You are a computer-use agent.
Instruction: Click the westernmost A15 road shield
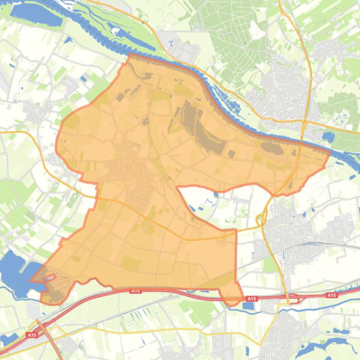tap(32, 335)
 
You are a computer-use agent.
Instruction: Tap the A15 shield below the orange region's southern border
tap(136, 291)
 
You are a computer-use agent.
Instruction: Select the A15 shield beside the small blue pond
tap(252, 298)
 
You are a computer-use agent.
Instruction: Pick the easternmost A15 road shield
tap(331, 295)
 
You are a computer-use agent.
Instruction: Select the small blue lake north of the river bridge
tap(328, 137)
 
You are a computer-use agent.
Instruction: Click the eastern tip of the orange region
tap(330, 152)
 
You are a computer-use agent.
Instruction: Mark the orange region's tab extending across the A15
tap(231, 295)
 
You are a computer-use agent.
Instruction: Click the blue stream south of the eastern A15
tap(327, 306)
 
